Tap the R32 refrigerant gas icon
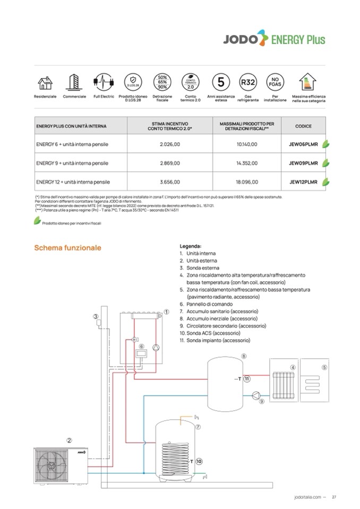pyautogui.click(x=248, y=83)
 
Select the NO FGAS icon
pyautogui.click(x=275, y=83)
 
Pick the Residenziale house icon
pyautogui.click(x=45, y=83)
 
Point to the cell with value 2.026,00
pyautogui.click(x=170, y=144)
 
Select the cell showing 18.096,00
pyautogui.click(x=246, y=182)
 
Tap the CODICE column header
pyautogui.click(x=303, y=126)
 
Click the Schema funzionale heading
pyautogui.click(x=67, y=248)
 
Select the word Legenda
pyautogui.click(x=191, y=246)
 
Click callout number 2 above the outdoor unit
pyautogui.click(x=69, y=441)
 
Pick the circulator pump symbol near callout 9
pyautogui.click(x=256, y=395)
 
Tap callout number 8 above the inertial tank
pyautogui.click(x=244, y=356)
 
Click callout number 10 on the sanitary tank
pyautogui.click(x=199, y=462)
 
